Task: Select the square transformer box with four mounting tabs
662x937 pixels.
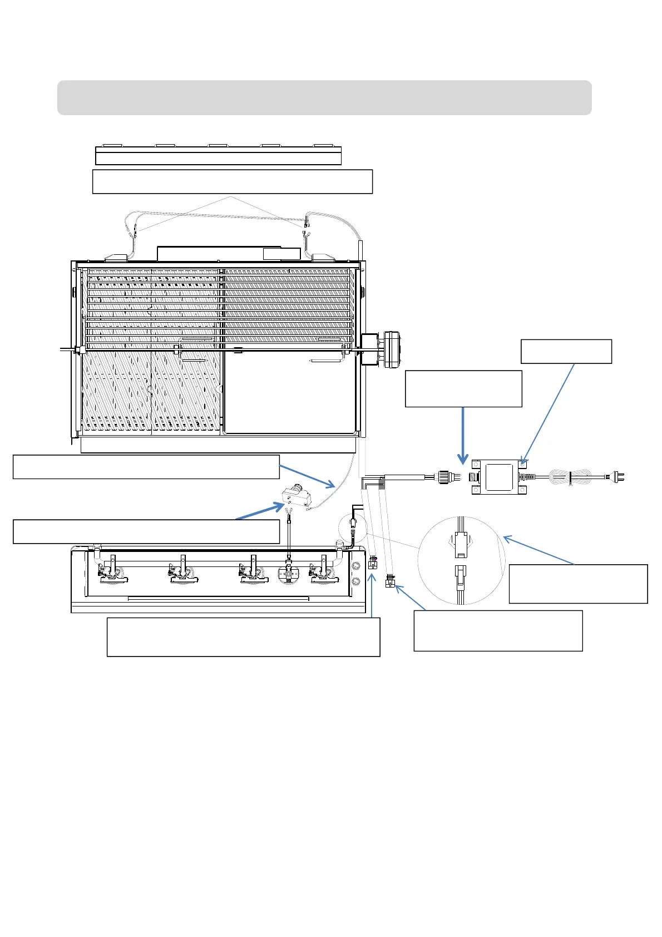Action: click(x=499, y=477)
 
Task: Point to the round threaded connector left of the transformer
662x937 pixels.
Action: click(x=443, y=477)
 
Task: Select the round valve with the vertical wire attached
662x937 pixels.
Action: click(x=289, y=574)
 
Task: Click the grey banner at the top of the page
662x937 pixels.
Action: click(x=324, y=97)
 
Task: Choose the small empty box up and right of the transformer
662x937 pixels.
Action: click(x=566, y=351)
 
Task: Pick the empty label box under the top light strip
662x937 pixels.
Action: click(x=232, y=181)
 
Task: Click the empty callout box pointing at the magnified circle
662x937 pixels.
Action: click(x=578, y=584)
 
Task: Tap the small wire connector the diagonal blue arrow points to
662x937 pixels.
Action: click(x=390, y=582)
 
